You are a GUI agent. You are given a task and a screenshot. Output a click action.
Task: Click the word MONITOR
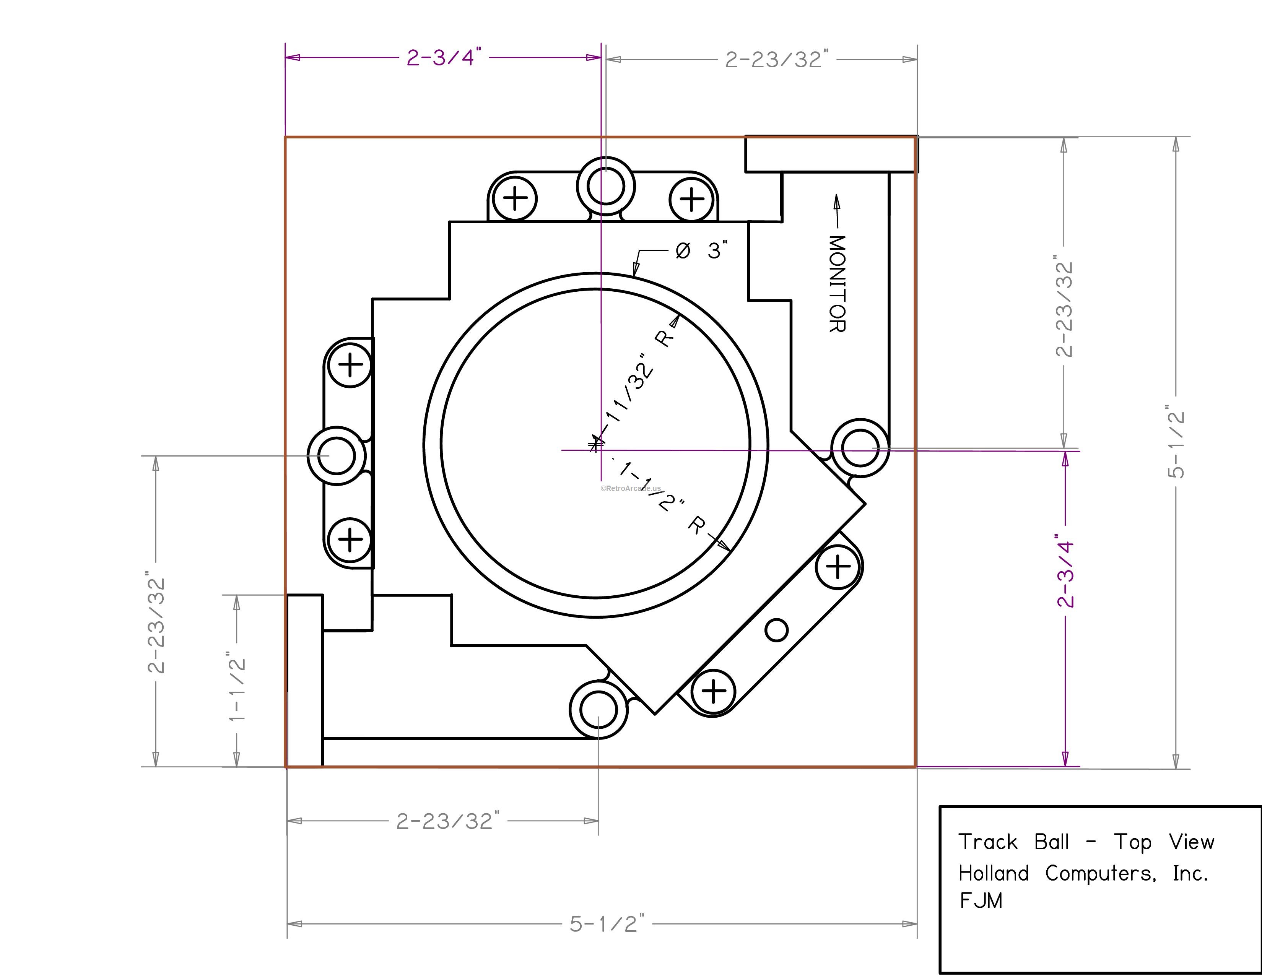[x=837, y=284]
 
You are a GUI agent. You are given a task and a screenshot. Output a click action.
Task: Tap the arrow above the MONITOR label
[x=836, y=210]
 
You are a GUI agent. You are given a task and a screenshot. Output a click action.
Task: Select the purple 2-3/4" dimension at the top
[x=444, y=58]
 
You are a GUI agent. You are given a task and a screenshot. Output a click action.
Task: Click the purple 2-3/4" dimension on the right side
[x=1065, y=574]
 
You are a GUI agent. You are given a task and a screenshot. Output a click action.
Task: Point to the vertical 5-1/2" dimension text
[x=1175, y=442]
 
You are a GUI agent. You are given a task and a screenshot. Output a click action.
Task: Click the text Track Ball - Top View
[x=1086, y=842]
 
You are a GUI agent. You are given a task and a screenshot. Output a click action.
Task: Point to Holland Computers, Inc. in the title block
[x=1083, y=873]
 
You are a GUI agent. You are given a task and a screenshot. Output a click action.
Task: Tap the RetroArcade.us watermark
[x=630, y=488]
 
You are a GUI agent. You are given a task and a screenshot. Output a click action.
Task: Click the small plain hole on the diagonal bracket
[x=776, y=630]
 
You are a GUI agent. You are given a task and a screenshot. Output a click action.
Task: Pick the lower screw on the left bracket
[x=350, y=539]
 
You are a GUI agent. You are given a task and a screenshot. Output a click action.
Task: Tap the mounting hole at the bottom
[x=598, y=710]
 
